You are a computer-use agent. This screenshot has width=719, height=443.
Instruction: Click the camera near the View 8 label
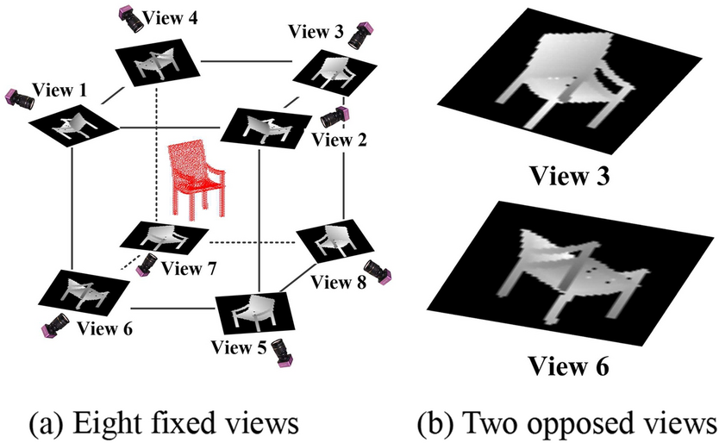380,271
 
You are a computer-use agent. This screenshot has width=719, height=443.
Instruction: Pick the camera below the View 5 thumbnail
282,353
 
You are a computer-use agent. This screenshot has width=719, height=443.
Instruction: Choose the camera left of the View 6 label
55,325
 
